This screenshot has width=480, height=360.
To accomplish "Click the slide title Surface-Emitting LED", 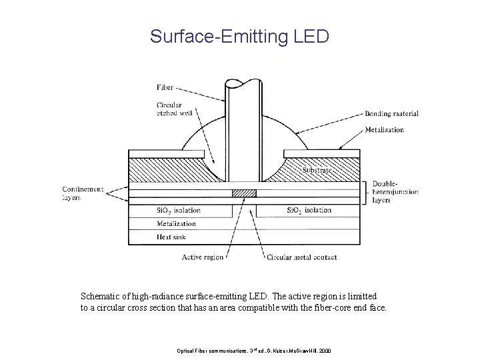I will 239,36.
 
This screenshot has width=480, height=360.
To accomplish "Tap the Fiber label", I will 165,87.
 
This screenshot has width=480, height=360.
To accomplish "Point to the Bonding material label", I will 391,114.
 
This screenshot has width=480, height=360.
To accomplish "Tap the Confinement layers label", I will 83,193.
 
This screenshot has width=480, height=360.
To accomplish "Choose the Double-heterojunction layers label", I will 395,191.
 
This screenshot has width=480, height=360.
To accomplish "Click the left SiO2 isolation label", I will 178,211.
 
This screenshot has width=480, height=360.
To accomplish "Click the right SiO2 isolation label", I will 309,211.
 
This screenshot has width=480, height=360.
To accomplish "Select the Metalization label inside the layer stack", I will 177,224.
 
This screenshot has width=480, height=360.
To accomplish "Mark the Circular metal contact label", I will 301,257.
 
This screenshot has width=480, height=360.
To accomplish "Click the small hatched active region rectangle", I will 243,193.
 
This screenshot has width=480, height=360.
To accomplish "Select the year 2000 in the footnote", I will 333,350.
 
